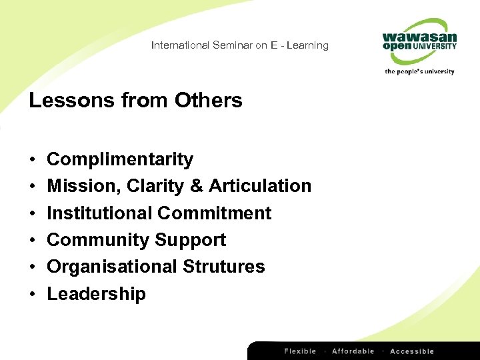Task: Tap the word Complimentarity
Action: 120,160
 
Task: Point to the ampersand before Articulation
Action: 197,186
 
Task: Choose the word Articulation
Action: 260,186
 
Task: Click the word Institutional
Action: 99,213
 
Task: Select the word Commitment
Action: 214,213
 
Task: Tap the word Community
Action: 98,240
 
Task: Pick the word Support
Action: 191,240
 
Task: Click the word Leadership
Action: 96,294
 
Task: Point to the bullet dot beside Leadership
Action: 33,295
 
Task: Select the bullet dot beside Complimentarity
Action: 33,160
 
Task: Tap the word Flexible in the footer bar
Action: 301,351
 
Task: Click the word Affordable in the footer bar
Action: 353,351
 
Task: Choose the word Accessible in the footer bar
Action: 411,351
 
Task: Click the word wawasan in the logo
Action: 419,37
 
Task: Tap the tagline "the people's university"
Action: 419,71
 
